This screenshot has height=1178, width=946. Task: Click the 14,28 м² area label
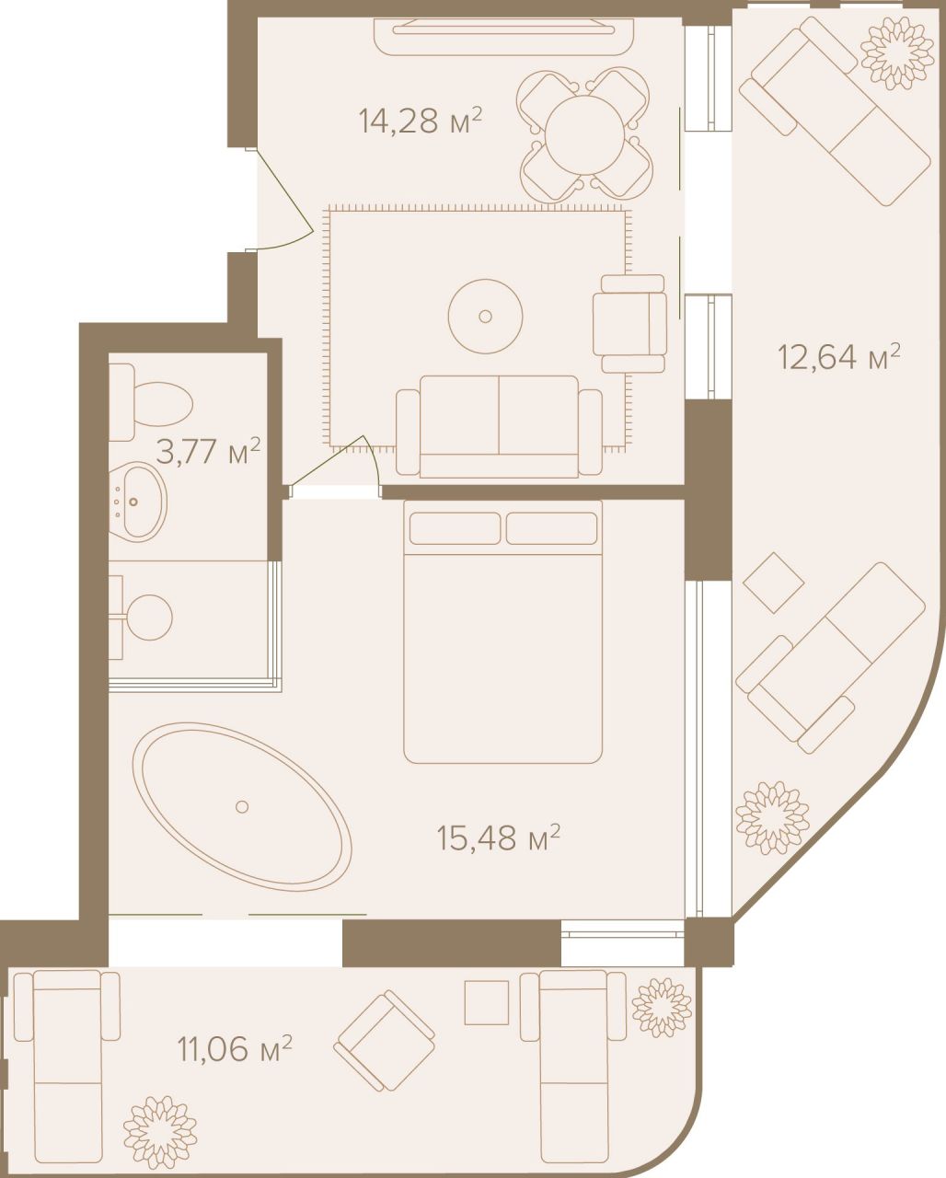point(421,121)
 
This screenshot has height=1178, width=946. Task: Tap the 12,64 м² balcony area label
point(838,355)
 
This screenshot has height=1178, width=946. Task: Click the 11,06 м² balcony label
point(234,1047)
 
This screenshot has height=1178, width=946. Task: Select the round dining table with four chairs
point(587,133)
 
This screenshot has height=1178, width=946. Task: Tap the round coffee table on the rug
point(486,317)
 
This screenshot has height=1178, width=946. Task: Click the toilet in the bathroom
point(152,401)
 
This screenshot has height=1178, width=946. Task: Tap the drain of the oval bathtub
point(242,806)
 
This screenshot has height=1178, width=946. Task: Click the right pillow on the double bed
point(551,528)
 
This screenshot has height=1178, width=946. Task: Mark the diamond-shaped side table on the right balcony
point(773,583)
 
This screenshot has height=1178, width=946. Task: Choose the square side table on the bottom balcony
point(486,1002)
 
